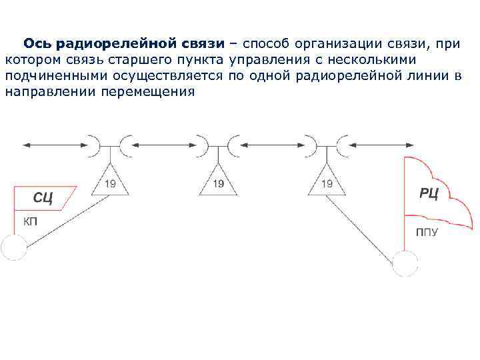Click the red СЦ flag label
click(43, 198)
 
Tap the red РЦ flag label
click(429, 193)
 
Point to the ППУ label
click(427, 233)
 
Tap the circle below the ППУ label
click(405, 263)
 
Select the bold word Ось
click(39, 44)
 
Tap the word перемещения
click(148, 91)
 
